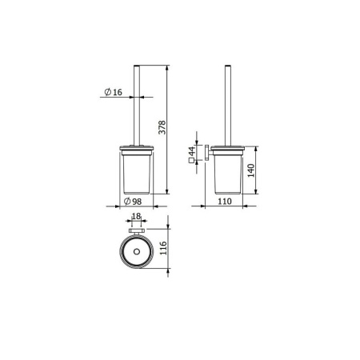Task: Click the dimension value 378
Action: tap(162, 127)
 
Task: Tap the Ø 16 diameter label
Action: tap(114, 92)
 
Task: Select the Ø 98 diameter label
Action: tap(133, 202)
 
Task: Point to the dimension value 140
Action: tap(251, 170)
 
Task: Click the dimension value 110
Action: tap(225, 202)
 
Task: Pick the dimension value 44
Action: tap(192, 151)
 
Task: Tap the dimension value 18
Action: tap(136, 216)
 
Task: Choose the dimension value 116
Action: tap(163, 248)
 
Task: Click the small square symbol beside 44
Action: tap(191, 161)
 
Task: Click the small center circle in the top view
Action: tap(137, 251)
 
